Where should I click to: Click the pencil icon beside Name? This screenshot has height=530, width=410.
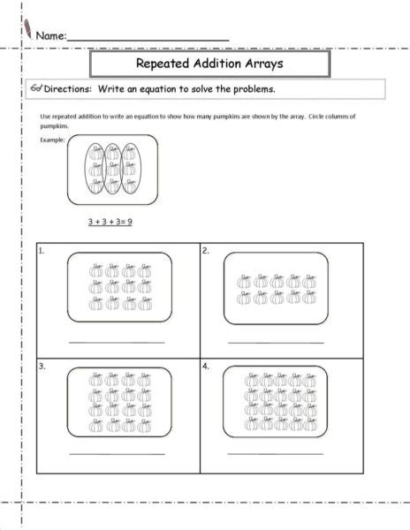(28, 27)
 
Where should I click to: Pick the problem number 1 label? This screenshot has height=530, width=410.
(42, 252)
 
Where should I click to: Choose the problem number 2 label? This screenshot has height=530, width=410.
(205, 252)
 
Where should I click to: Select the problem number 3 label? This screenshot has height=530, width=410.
(42, 365)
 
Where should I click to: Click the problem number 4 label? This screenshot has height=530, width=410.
(205, 365)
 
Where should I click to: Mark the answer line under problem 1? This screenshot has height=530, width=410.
(116, 342)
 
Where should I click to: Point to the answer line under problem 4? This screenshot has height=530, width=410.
(275, 453)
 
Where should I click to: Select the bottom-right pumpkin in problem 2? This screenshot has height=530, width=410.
(309, 298)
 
